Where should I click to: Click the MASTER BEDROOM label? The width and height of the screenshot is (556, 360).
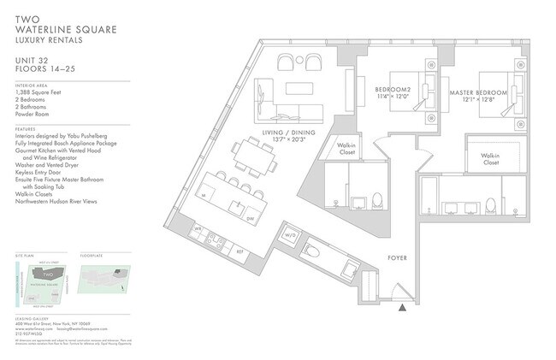475,91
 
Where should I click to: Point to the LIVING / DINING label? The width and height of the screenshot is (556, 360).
274,133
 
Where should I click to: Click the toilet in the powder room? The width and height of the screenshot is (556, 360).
311,254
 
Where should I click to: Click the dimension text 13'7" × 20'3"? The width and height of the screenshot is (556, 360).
274,141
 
